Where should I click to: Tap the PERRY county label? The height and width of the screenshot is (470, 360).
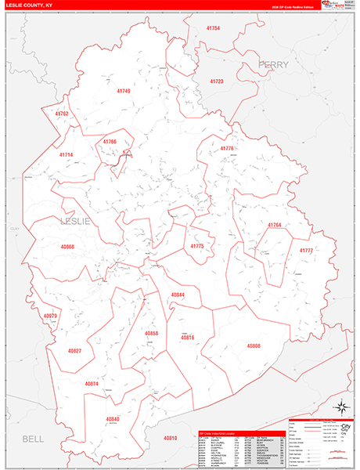(273, 64)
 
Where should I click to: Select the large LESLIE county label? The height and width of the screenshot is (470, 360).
(76, 222)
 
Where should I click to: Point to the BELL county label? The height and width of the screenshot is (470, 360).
(34, 438)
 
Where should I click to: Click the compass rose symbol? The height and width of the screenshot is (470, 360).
(342, 406)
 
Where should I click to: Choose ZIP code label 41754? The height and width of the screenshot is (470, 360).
(213, 28)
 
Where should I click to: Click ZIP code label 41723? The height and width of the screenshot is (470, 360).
(216, 81)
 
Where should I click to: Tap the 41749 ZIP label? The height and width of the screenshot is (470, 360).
(123, 92)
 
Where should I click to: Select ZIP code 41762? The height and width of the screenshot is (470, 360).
(62, 114)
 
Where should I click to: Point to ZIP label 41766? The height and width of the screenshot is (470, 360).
(110, 142)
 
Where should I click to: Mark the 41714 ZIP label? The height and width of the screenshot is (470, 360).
(66, 155)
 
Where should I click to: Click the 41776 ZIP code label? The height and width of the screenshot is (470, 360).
(227, 148)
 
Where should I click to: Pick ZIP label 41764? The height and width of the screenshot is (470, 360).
(274, 225)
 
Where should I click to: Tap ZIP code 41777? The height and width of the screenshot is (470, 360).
(305, 250)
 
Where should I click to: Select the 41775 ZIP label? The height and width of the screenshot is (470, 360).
(197, 246)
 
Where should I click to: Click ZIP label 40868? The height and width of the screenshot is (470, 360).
(67, 247)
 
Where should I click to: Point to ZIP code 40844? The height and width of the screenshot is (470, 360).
(178, 295)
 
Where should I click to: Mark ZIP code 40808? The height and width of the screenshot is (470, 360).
(254, 345)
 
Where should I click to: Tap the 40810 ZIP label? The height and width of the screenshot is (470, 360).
(171, 438)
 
